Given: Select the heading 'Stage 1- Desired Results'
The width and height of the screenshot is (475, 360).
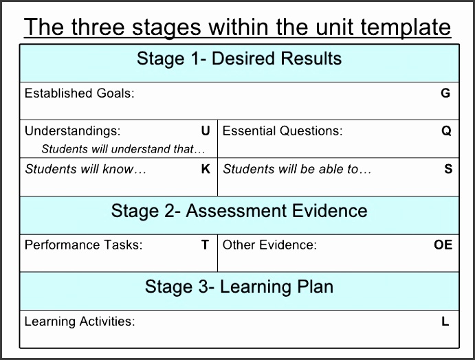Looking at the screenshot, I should (x=239, y=58).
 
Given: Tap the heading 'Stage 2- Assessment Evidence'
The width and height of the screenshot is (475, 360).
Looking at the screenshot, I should (x=239, y=211).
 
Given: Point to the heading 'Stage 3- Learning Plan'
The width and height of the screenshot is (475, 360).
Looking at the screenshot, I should (x=239, y=286).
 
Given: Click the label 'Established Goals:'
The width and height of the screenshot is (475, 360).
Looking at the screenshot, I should (x=80, y=93).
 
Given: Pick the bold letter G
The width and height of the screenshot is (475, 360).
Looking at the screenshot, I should (x=445, y=93).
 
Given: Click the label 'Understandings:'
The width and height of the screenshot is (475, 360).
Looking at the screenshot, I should (x=72, y=131).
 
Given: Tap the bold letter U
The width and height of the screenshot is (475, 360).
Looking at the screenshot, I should (x=205, y=131).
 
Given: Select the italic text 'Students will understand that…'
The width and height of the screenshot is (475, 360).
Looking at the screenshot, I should (x=124, y=148).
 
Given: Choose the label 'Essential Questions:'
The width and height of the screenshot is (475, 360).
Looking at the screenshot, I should (x=282, y=131).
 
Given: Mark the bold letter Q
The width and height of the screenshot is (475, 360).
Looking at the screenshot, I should (x=447, y=131).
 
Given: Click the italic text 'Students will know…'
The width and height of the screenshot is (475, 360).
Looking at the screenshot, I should (x=86, y=169).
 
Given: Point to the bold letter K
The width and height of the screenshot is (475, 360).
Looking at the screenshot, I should (x=206, y=169).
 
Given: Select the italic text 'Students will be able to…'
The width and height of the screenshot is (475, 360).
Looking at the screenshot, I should (x=297, y=169).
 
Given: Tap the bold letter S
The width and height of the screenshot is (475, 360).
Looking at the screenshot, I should (x=448, y=169).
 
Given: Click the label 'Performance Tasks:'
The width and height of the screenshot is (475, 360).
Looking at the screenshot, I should (x=83, y=245).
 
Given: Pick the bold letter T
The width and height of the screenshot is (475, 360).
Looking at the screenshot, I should (x=205, y=245).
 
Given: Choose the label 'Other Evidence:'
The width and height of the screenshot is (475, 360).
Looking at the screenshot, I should (x=269, y=245).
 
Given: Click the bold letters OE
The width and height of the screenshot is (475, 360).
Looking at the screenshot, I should (x=443, y=245).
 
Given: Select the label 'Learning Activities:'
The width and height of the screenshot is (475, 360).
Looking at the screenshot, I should (x=80, y=321).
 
